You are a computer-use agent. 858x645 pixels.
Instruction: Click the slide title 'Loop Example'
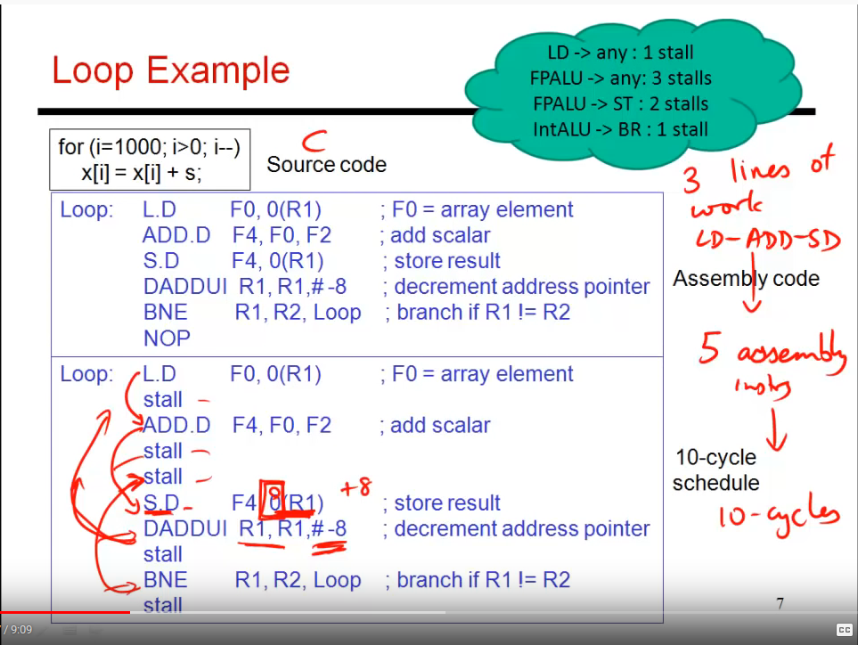pos(170,70)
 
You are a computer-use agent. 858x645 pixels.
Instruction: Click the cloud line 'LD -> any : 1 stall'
pos(620,53)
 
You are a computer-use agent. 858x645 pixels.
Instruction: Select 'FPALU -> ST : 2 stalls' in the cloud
pos(620,104)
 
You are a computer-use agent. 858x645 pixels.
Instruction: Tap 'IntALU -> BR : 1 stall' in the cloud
pos(620,130)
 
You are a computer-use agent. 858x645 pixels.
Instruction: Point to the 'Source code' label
pos(326,165)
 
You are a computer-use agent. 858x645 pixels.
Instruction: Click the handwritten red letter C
pos(314,140)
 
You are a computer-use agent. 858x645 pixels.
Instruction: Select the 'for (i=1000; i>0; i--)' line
pos(149,147)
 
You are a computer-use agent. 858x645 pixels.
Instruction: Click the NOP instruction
pos(167,339)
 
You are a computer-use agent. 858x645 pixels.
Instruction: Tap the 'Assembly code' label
pos(746,279)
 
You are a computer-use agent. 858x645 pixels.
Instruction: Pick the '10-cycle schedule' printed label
pos(716,470)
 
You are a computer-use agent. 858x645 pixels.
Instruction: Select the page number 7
pos(780,604)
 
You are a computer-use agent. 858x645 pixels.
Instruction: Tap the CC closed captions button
pos(844,630)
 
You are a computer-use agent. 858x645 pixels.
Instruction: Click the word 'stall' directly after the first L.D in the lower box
pos(163,400)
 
